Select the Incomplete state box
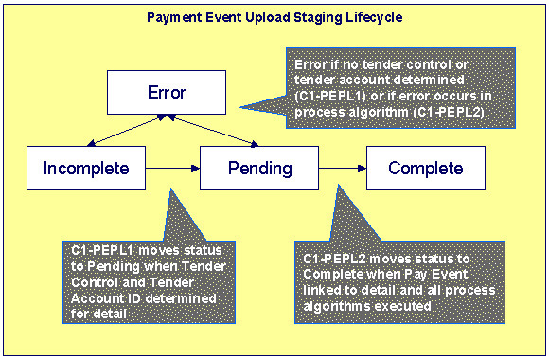click(x=85, y=169)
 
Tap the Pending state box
click(x=258, y=169)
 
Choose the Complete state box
click(x=425, y=169)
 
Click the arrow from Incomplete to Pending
click(x=172, y=169)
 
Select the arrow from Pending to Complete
click(x=342, y=169)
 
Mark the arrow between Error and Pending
click(x=213, y=131)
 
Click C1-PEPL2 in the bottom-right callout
click(x=334, y=259)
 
